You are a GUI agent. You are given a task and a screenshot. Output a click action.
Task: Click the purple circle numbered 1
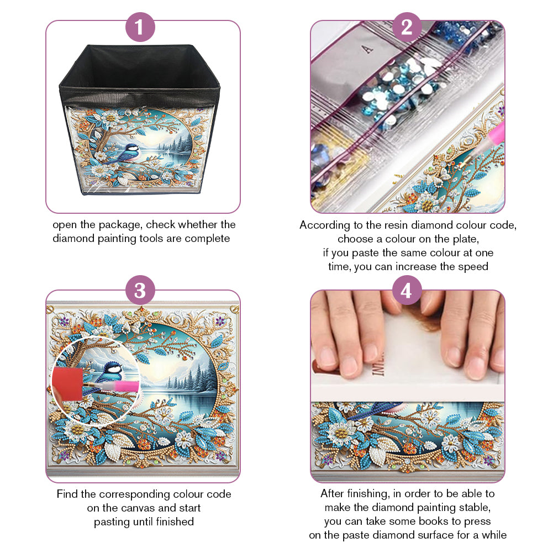(140, 27)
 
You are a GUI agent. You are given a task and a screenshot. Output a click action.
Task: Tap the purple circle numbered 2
(407, 27)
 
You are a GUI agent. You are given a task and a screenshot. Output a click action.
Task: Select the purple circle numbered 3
(140, 290)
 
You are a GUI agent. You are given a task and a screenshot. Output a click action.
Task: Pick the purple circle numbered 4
(407, 290)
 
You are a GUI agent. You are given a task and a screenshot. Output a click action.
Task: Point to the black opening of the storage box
(140, 68)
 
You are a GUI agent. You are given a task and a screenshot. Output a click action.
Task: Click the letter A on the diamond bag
(367, 49)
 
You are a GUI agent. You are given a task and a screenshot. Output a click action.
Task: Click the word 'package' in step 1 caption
(120, 225)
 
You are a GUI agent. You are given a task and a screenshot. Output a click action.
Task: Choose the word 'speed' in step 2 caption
(473, 267)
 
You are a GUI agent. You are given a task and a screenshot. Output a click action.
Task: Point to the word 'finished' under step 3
(175, 522)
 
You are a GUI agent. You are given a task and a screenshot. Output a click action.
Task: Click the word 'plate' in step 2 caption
(466, 239)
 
